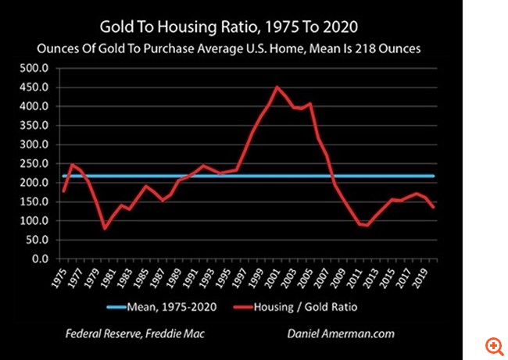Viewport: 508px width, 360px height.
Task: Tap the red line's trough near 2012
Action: pos(367,226)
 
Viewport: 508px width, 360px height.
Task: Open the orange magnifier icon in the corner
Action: pos(492,345)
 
